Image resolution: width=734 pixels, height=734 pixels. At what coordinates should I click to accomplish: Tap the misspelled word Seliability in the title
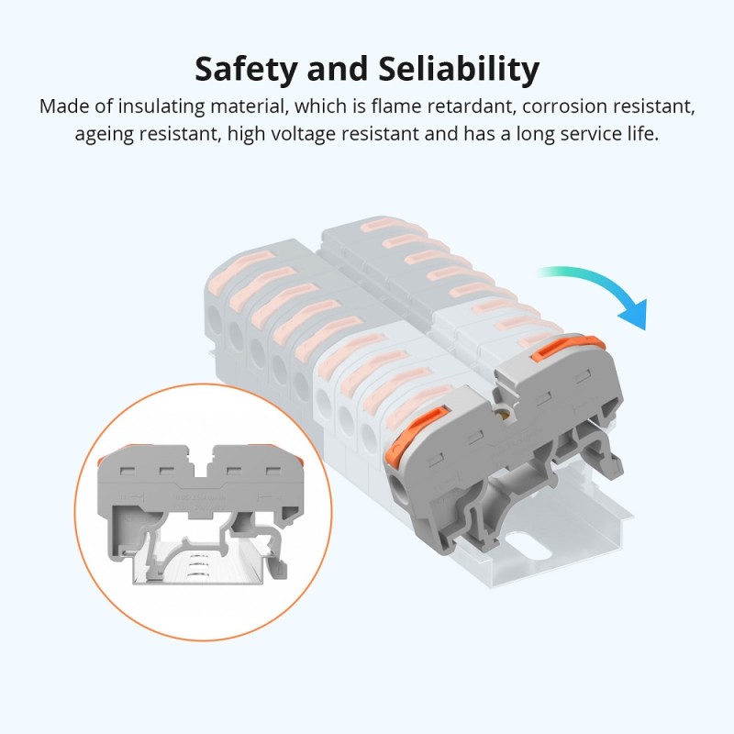[456, 68]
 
